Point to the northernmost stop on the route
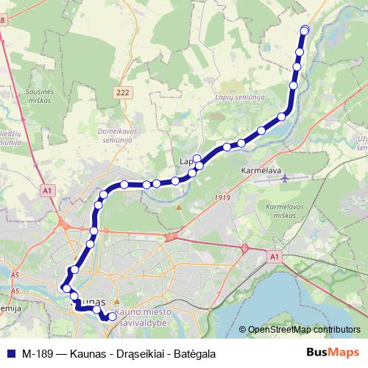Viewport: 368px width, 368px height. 305,30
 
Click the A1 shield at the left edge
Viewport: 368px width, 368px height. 46,191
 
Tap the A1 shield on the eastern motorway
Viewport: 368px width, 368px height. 273,256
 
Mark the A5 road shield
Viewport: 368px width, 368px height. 15,276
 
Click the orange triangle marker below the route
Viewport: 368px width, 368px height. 179,207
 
